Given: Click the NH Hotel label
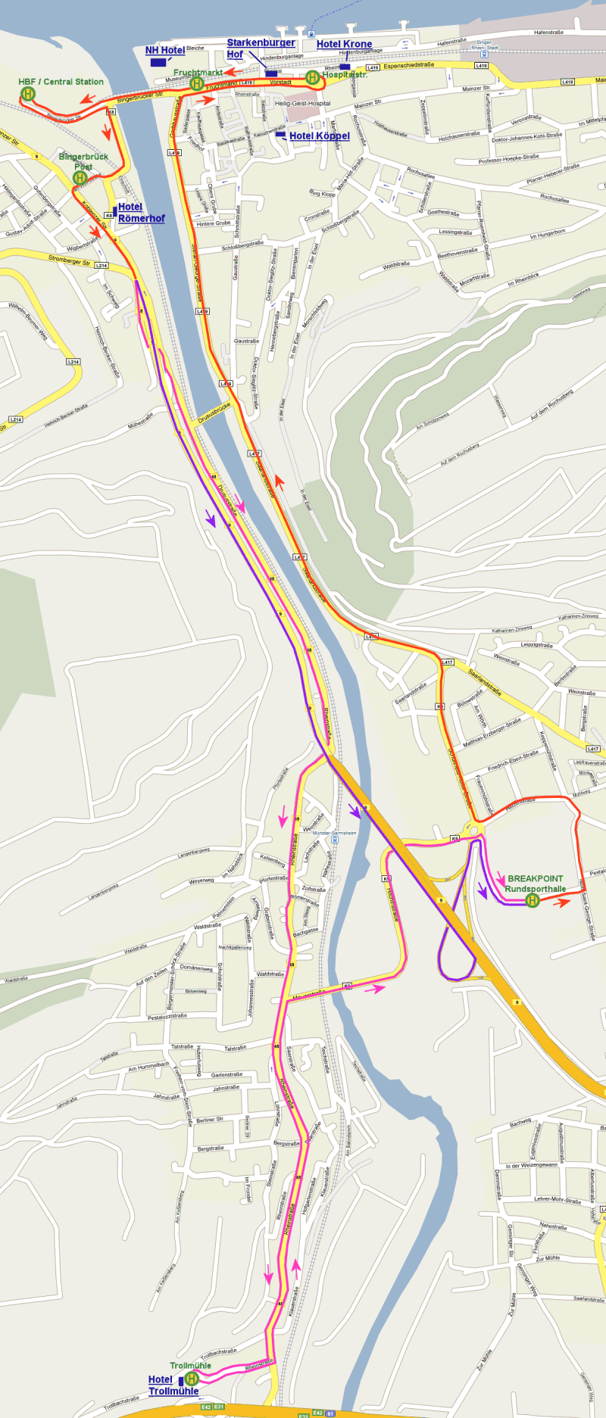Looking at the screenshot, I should [165, 51].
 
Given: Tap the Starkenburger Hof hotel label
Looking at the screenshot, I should [261, 48].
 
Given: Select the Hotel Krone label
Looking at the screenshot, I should [344, 45].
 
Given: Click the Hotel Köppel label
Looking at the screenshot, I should [319, 136].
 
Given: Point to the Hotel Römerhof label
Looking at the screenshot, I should [141, 213].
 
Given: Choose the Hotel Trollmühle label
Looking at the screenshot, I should [173, 1385].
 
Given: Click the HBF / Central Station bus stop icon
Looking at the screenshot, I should [28, 94].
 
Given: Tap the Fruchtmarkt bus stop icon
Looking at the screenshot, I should [197, 83].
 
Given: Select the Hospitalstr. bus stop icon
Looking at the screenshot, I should [312, 77].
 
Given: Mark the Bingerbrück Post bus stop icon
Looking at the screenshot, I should [80, 178].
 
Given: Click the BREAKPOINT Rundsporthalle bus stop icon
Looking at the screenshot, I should [533, 900].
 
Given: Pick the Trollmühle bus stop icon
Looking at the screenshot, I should [192, 1379].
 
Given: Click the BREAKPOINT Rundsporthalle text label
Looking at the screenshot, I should [536, 884].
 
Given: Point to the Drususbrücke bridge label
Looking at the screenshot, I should [213, 414].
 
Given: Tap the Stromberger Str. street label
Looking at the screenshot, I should [69, 260].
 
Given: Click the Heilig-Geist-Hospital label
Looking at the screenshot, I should [302, 104].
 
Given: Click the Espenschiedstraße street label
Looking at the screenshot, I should [409, 66].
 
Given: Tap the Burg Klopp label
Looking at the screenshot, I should [322, 195].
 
